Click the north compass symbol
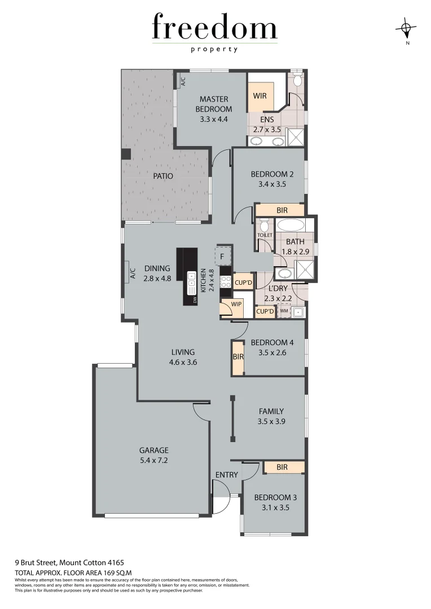tap(407, 28)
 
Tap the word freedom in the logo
tap(214, 27)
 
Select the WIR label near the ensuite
tap(260, 96)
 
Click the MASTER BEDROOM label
tap(213, 104)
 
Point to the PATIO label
tap(162, 176)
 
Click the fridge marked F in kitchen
tap(223, 257)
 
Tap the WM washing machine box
tap(284, 311)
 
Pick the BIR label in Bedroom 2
tap(282, 210)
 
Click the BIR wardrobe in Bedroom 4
tap(238, 357)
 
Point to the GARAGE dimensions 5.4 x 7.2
tap(154, 460)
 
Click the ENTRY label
tap(226, 475)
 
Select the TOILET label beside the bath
tap(265, 235)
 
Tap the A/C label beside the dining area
tap(133, 274)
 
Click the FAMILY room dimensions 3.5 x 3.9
tap(271, 421)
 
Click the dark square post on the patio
tap(127, 154)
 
